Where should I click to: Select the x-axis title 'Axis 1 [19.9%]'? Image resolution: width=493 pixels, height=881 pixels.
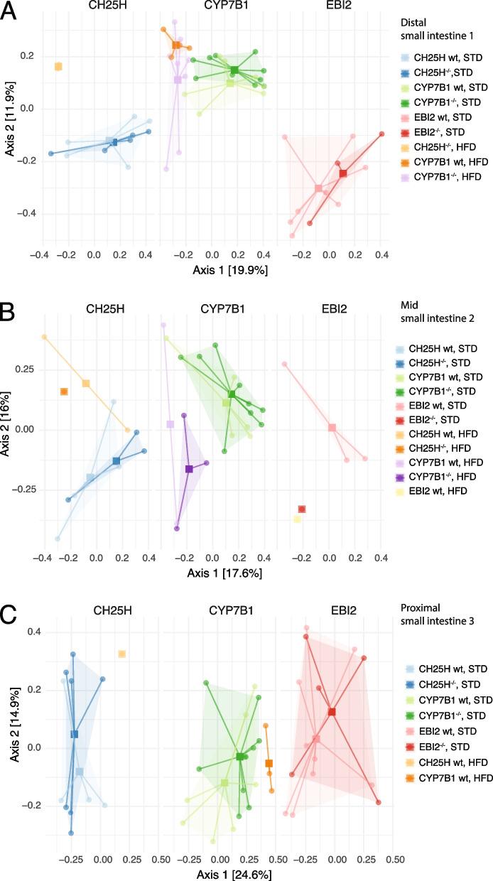pyautogui.click(x=212, y=270)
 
